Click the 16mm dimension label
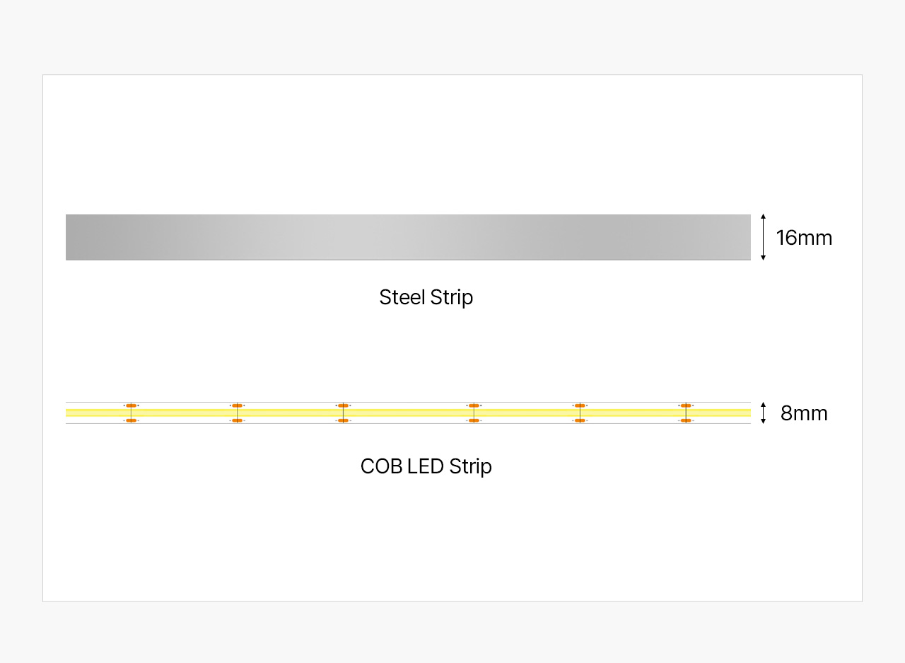[804, 238]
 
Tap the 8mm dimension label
[804, 413]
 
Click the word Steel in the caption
[402, 297]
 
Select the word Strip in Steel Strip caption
[451, 299]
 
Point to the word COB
[381, 466]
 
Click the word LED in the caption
[426, 466]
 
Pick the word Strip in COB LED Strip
[470, 467]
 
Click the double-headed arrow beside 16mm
[763, 237]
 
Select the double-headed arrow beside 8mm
[763, 413]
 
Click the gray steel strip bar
[408, 237]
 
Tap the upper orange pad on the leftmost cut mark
[132, 405]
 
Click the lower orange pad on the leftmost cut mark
[132, 420]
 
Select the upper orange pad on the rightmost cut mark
[686, 405]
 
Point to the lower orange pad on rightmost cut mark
[686, 420]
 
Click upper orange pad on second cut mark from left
[237, 405]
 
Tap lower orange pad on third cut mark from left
[343, 420]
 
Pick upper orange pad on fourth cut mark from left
[474, 405]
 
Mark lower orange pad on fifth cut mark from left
[580, 420]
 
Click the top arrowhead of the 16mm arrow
[763, 217]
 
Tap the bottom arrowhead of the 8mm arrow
[763, 422]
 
